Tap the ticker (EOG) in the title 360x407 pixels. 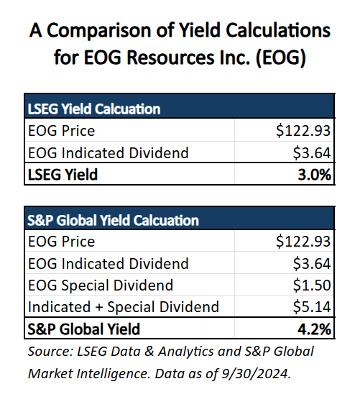[x=281, y=58]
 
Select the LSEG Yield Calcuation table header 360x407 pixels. [x=94, y=109]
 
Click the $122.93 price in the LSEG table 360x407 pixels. [x=303, y=130]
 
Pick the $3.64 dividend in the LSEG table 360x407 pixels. [x=312, y=152]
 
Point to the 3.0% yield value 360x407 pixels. [x=314, y=175]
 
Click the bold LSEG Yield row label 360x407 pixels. [x=63, y=175]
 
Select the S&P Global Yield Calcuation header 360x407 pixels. [x=113, y=220]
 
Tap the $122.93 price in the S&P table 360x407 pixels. [x=303, y=241]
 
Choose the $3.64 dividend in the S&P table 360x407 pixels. [x=312, y=263]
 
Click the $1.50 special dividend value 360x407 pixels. [x=312, y=285]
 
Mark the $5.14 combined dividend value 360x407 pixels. [x=312, y=306]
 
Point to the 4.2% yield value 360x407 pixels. [x=314, y=329]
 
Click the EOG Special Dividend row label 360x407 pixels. [x=101, y=285]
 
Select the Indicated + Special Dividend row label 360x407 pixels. [x=124, y=307]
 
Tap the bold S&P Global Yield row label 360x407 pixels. [x=84, y=329]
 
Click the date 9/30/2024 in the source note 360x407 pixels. [x=256, y=374]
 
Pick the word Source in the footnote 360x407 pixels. [x=51, y=352]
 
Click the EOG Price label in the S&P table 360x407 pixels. [x=61, y=242]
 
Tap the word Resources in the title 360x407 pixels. [x=170, y=58]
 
